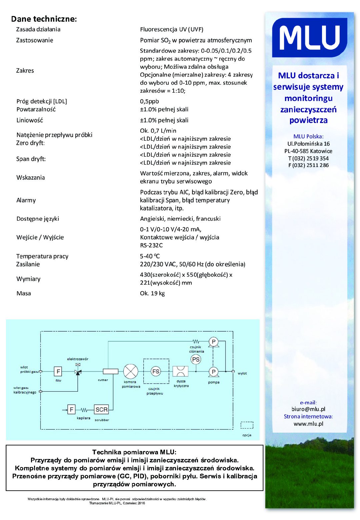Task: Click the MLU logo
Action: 309,38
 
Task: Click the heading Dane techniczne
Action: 44,19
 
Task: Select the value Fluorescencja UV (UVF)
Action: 171,29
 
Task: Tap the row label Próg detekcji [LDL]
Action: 42,101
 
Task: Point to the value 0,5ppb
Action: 149,101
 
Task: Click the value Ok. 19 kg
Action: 152,293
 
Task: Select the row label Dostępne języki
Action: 38,219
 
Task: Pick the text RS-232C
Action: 151,245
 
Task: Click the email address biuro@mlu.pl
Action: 308,409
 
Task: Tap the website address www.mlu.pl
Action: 308,424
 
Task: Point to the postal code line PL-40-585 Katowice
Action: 308,151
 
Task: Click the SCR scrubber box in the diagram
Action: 101,409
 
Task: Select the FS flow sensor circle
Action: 156,371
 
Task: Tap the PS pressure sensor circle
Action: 196,359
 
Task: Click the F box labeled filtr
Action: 58,371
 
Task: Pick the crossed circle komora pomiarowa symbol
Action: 131,371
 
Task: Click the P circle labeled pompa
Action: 213,372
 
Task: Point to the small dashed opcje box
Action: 247,425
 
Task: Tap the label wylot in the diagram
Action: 242,373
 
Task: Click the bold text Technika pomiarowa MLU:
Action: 134,452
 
